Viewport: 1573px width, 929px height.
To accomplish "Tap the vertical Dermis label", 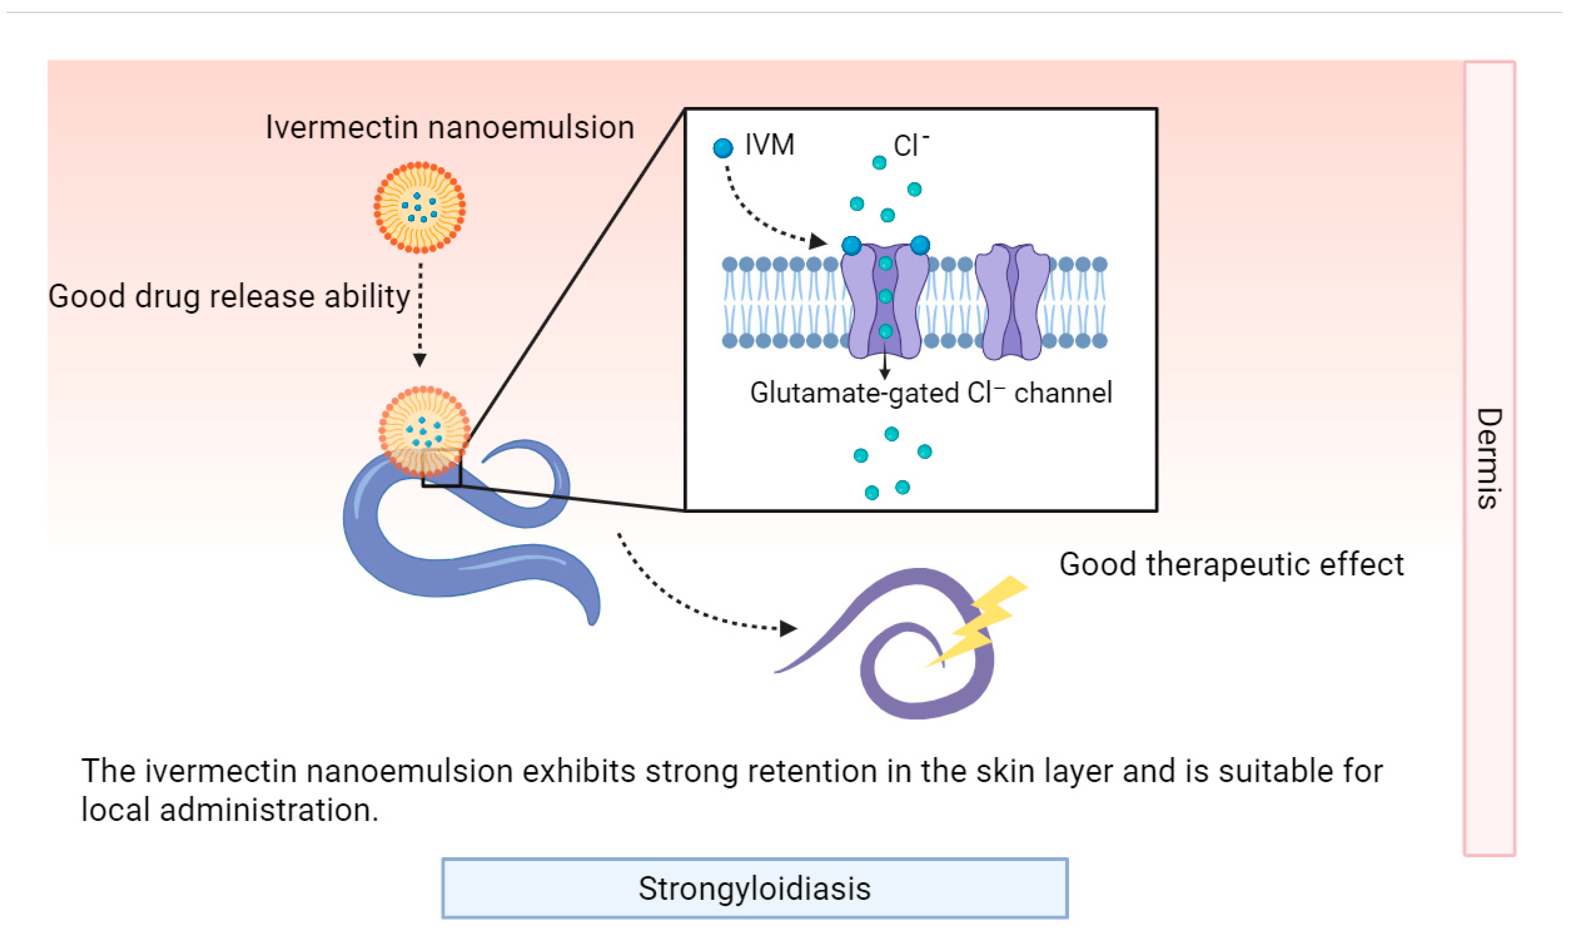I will (x=1489, y=458).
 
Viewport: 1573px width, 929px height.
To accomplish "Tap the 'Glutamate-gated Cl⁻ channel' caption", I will (x=930, y=393).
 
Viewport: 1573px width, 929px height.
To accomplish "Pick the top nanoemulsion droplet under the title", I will (x=419, y=207).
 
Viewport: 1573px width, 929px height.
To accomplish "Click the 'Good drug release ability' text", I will (x=229, y=296).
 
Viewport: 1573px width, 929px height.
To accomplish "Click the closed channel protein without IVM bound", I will (x=1012, y=302).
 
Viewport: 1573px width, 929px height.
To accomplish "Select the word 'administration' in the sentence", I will (x=269, y=810).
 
